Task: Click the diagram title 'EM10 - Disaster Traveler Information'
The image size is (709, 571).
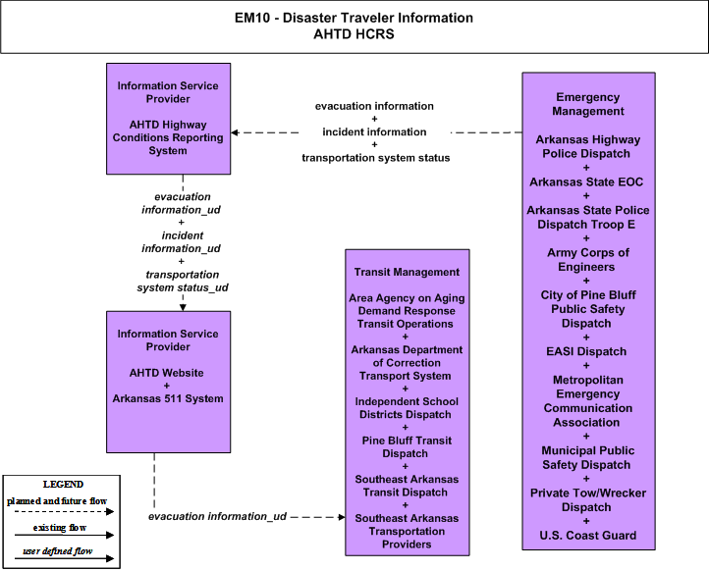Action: click(x=354, y=18)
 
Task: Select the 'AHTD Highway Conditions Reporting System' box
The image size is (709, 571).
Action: click(x=168, y=119)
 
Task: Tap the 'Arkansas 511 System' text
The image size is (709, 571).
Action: click(x=168, y=399)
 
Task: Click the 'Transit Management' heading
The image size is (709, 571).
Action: click(x=407, y=272)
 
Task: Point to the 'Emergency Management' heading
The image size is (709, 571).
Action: click(x=588, y=104)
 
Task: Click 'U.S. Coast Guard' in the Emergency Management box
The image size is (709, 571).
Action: click(x=588, y=536)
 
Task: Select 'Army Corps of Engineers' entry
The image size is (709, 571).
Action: click(x=588, y=260)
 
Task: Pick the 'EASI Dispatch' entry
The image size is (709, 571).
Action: click(x=586, y=351)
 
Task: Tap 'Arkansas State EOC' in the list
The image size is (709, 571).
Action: click(x=586, y=182)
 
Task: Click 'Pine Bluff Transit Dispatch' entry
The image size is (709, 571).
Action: click(x=407, y=447)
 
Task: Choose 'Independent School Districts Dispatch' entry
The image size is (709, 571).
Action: click(x=407, y=408)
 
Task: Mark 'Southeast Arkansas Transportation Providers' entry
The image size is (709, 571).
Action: click(x=407, y=531)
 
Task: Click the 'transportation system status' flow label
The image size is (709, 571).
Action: click(x=376, y=158)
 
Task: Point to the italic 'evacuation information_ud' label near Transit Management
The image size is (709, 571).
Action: click(x=217, y=516)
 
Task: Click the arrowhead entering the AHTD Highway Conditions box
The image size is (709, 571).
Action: click(x=235, y=132)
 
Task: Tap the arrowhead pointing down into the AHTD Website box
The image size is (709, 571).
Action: click(x=183, y=308)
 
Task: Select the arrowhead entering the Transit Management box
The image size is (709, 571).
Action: click(x=342, y=517)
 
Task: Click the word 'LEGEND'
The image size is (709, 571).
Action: click(x=63, y=485)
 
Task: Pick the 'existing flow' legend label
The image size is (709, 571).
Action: click(x=60, y=528)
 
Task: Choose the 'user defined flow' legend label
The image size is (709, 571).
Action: click(x=58, y=551)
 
